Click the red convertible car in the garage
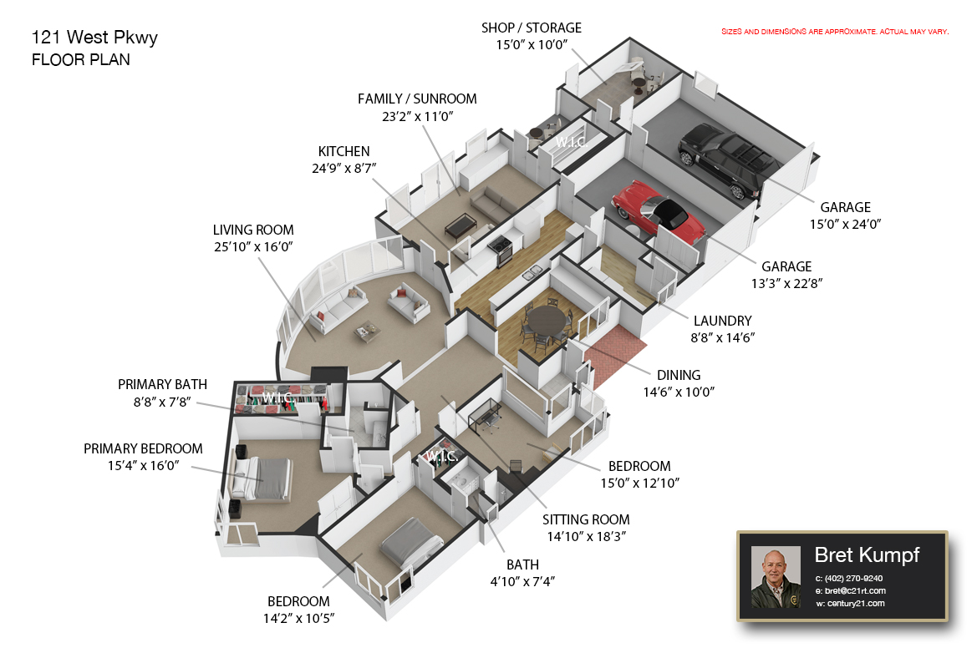coord(659,210)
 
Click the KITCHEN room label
coord(344,152)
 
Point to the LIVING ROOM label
coord(253,230)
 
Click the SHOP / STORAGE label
coord(532,28)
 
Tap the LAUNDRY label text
coord(723,321)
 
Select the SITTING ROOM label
coord(586,519)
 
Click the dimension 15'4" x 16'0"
coord(143,466)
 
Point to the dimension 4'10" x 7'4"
coord(522,582)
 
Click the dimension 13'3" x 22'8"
coord(786,284)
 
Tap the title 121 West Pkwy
coord(94,38)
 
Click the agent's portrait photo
coord(776,577)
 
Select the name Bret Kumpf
coord(867,555)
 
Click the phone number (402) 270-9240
coord(853,579)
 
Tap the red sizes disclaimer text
coord(835,32)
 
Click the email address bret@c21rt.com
coord(856,591)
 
